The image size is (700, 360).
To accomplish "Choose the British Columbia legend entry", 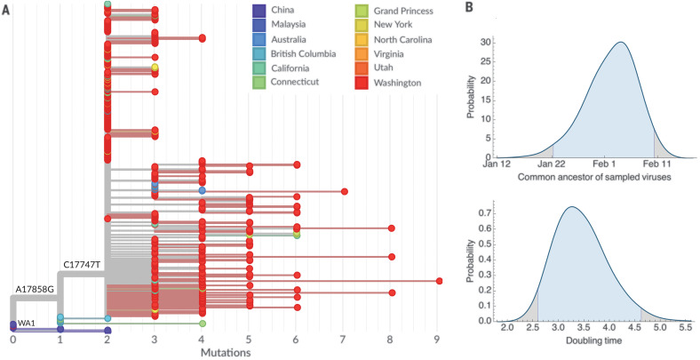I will (301, 54).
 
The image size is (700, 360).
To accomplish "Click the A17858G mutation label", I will (36, 290).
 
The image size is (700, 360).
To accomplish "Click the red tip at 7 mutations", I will (344, 191).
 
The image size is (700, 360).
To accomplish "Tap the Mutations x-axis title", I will (225, 352).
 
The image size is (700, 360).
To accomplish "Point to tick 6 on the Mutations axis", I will (297, 339).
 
